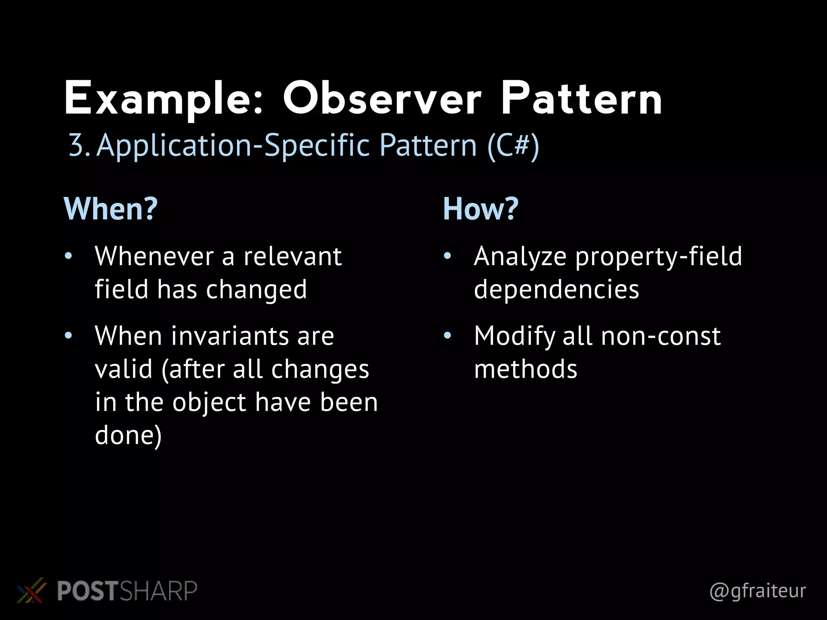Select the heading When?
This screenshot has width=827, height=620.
tap(111, 209)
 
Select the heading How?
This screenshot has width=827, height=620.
tap(481, 209)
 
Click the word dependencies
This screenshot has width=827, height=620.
tap(556, 289)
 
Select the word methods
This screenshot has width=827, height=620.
tap(525, 369)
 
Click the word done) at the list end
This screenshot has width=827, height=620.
tap(128, 436)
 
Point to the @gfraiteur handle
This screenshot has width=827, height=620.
tap(757, 591)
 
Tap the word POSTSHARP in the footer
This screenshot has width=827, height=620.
tap(127, 591)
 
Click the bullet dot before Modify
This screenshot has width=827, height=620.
tap(447, 335)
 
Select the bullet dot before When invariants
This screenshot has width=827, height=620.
tap(68, 335)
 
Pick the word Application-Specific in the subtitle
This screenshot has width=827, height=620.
tap(233, 145)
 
